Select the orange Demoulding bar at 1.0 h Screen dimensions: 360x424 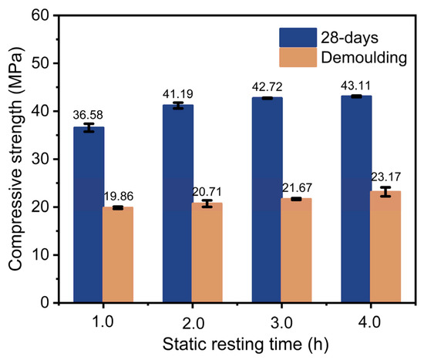(118, 254)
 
